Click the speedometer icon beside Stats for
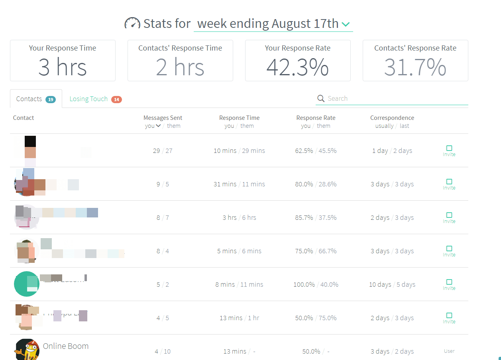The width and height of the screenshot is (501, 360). click(132, 23)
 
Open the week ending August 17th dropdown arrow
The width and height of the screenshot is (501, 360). click(346, 25)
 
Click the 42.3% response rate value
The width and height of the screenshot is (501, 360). click(297, 67)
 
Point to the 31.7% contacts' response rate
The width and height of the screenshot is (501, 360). click(415, 67)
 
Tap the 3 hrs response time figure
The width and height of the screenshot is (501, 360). click(63, 67)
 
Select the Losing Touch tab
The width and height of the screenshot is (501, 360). click(88, 99)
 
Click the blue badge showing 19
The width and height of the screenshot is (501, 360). click(51, 100)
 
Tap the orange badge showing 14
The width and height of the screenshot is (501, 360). click(116, 100)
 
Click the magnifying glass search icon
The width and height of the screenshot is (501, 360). click(321, 98)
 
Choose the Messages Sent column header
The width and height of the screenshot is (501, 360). click(163, 118)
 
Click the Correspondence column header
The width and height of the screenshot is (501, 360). click(392, 118)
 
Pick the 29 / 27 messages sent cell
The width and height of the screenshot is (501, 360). click(163, 151)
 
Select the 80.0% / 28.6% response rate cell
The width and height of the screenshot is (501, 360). click(316, 184)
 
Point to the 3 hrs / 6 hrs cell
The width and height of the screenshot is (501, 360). click(239, 217)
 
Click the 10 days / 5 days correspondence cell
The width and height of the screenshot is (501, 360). click(392, 284)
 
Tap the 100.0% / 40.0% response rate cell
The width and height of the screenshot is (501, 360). click(316, 284)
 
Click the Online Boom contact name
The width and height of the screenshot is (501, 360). click(66, 346)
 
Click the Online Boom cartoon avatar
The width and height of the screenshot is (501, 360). click(27, 350)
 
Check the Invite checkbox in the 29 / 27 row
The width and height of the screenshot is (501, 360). click(449, 148)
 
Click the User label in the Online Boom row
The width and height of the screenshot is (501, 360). click(449, 351)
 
